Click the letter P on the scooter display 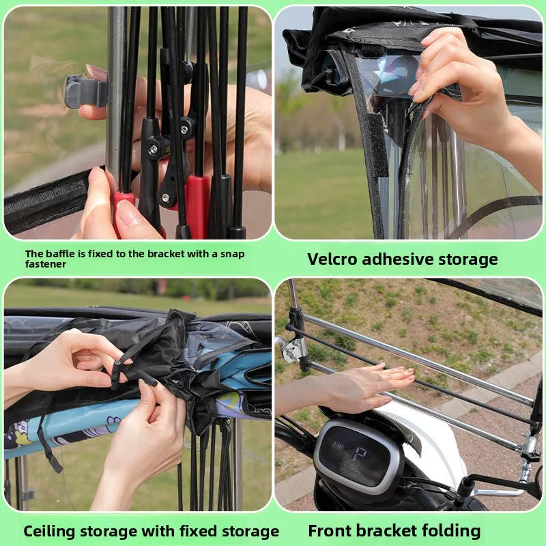tap(360, 455)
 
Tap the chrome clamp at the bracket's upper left tap(293, 349)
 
